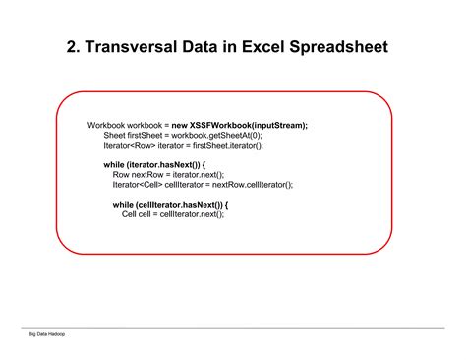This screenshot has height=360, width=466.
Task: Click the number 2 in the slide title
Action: pos(71,46)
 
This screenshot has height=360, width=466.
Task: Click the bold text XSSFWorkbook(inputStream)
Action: pos(254,125)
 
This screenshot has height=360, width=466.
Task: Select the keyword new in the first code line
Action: pos(181,125)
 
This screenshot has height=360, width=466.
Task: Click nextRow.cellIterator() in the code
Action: pos(254,184)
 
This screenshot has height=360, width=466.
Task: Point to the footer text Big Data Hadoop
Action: pos(47,336)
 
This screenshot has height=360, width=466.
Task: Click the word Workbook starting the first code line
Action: pos(106,125)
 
